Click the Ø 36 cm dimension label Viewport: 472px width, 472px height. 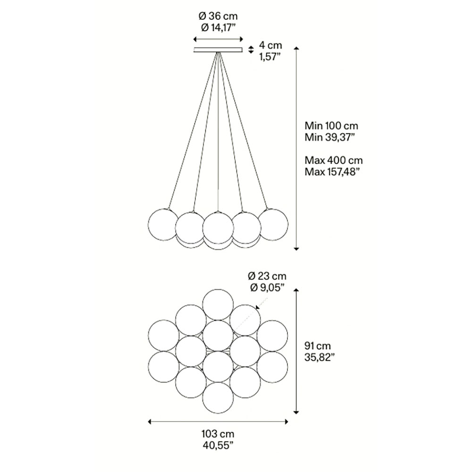(218, 16)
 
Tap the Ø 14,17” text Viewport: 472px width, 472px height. (218, 27)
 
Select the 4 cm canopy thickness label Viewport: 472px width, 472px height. (270, 45)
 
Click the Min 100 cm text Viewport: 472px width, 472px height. (331, 126)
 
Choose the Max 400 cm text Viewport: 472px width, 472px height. (334, 160)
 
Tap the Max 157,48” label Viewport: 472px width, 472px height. (332, 172)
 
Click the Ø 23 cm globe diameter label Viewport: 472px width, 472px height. (267, 276)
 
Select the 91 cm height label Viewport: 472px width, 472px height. (318, 346)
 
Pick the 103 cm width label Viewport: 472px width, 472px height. (218, 434)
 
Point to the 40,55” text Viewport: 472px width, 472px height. (218, 446)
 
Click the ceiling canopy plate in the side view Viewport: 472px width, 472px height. (218, 50)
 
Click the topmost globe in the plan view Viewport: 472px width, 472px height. (218, 304)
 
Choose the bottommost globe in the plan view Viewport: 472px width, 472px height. (218, 397)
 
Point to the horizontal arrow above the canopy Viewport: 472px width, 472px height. (218, 39)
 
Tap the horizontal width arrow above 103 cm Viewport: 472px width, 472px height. (218, 422)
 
